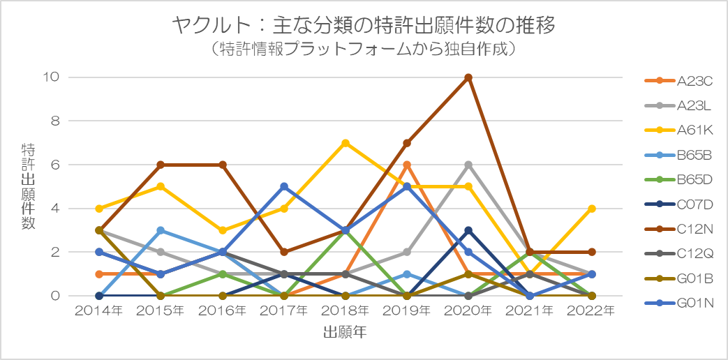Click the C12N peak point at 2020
click(468, 77)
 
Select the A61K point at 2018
click(346, 143)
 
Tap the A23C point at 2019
click(407, 165)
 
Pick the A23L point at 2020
click(468, 165)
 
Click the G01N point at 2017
click(284, 186)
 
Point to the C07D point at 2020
click(468, 230)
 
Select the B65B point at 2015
click(161, 230)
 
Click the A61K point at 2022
click(591, 209)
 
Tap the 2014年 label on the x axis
click(99, 310)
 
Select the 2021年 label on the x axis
click(530, 310)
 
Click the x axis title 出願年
click(345, 332)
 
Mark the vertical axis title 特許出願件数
click(29, 187)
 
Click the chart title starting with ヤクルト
click(364, 27)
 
